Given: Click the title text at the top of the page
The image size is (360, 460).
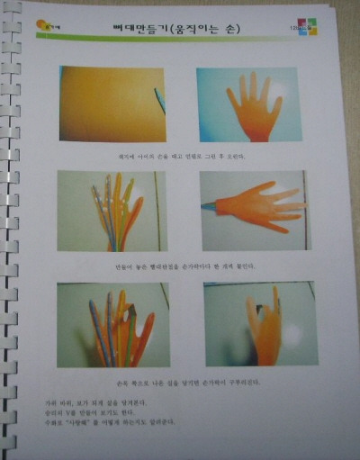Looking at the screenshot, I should coord(180,29).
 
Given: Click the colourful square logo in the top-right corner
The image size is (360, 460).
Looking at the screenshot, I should coord(310,27).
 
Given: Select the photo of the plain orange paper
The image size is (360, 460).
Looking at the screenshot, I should coord(112,104).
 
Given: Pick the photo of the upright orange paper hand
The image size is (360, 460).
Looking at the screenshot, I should coord(248,104).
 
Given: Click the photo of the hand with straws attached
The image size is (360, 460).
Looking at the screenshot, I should coord(112,211).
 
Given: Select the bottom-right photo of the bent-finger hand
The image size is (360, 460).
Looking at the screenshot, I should coord(260,324).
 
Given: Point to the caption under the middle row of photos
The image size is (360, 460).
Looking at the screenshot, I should coord(184,266).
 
